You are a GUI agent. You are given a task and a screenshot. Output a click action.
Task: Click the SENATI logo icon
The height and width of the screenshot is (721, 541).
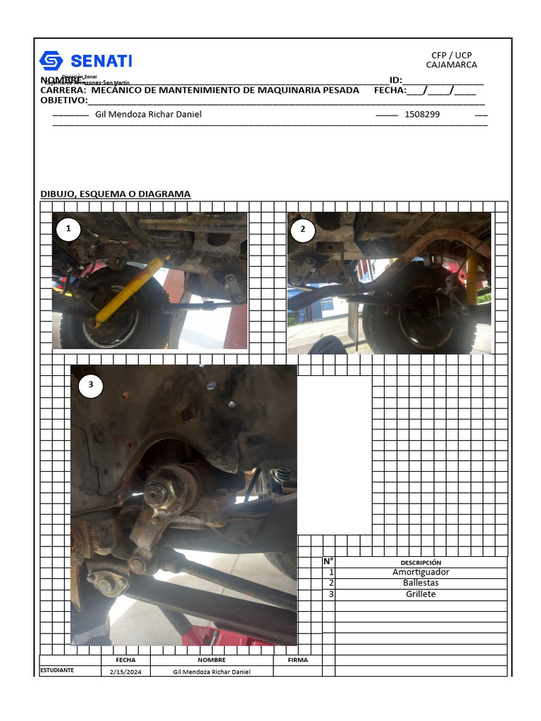pyautogui.click(x=51, y=61)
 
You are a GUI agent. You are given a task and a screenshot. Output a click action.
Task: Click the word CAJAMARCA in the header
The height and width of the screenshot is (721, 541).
pyautogui.click(x=451, y=65)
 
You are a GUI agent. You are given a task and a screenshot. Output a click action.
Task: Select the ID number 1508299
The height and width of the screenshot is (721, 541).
pyautogui.click(x=422, y=114)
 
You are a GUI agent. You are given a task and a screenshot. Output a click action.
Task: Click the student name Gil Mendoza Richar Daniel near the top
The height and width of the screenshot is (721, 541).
pyautogui.click(x=148, y=114)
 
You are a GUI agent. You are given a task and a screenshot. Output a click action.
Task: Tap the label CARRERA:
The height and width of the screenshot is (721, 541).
pyautogui.click(x=63, y=90)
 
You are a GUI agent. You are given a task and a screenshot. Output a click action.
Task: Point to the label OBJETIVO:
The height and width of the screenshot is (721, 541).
pyautogui.click(x=64, y=100)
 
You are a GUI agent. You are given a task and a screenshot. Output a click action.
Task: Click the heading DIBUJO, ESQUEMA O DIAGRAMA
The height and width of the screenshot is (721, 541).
pyautogui.click(x=116, y=194)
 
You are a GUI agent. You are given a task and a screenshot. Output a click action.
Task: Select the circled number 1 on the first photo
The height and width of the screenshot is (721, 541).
pyautogui.click(x=68, y=229)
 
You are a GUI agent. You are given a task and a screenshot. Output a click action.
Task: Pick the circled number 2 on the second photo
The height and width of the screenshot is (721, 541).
pyautogui.click(x=303, y=230)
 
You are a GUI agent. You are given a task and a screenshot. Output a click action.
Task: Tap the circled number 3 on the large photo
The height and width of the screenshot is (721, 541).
pyautogui.click(x=90, y=385)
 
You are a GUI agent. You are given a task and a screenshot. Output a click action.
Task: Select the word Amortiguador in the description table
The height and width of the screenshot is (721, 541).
pyautogui.click(x=421, y=572)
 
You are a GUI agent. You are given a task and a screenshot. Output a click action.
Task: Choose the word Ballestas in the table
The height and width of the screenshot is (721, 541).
pyautogui.click(x=421, y=583)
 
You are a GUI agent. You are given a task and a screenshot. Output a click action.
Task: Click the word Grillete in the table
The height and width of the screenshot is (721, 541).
pyautogui.click(x=421, y=594)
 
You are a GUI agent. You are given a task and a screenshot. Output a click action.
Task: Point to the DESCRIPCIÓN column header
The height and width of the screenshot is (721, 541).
pyautogui.click(x=421, y=563)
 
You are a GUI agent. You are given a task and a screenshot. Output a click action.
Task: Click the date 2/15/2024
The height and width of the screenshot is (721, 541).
pyautogui.click(x=126, y=672)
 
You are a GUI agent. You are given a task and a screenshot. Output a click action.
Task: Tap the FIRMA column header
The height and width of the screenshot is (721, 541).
pyautogui.click(x=298, y=660)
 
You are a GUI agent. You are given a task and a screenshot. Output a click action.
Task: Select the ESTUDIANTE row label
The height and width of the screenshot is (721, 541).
pyautogui.click(x=58, y=671)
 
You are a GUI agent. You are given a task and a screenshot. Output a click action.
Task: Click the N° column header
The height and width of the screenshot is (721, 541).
pyautogui.click(x=328, y=562)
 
